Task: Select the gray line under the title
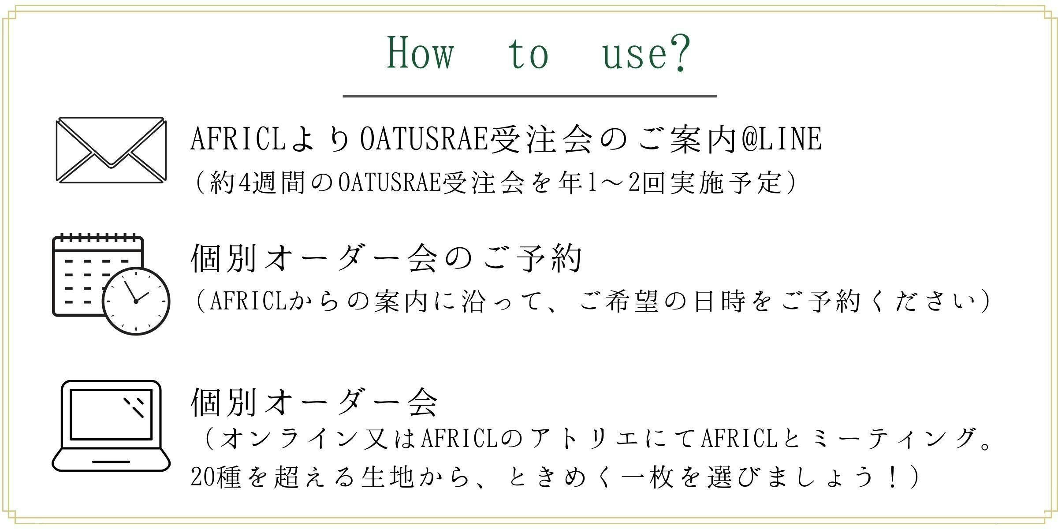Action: pyautogui.click(x=530, y=96)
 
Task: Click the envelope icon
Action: pyautogui.click(x=111, y=149)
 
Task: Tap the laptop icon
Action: pyautogui.click(x=111, y=426)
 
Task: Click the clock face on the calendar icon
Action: pyautogui.click(x=136, y=301)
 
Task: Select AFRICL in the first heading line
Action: pyautogui.click(x=238, y=139)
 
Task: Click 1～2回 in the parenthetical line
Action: pyautogui.click(x=626, y=182)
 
